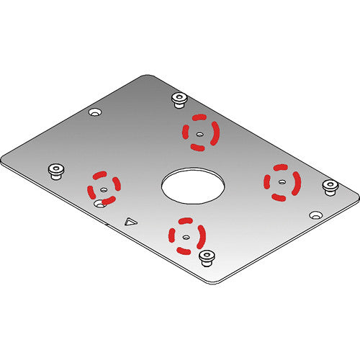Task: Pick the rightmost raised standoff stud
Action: pos(330,186)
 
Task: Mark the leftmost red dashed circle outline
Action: pos(104,186)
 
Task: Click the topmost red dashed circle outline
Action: pos(201,132)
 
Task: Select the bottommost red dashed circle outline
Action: pos(186,234)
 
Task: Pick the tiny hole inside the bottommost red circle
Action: pos(185,235)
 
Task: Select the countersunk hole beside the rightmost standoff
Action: pos(315,215)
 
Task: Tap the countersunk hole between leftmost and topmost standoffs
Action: pos(94,112)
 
